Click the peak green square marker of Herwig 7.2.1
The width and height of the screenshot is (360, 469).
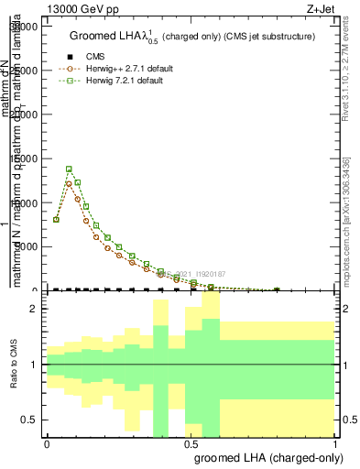point(70,169)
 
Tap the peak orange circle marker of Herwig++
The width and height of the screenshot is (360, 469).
point(70,183)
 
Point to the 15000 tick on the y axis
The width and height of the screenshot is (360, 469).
point(25,158)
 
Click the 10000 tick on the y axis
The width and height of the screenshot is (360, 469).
point(25,202)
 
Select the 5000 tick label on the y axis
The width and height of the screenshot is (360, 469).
point(27,246)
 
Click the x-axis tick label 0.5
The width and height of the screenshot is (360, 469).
point(191,443)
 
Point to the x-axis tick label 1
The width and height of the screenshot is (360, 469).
point(335,443)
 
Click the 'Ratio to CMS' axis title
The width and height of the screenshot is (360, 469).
point(14,365)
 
